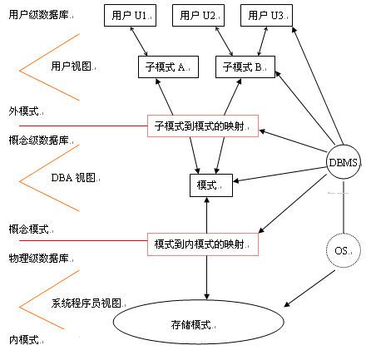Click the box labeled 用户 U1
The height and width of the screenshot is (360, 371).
[x=130, y=15]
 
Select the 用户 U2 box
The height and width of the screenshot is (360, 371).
[x=198, y=15]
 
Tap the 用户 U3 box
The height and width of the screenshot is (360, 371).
[x=266, y=15]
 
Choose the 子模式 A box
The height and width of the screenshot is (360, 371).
[x=168, y=67]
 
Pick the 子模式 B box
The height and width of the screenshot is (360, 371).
[x=245, y=67]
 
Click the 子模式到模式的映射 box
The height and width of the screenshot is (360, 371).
[x=203, y=126]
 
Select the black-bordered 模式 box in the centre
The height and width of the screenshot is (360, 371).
[x=211, y=185]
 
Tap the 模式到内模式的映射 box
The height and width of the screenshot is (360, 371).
[x=203, y=244]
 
